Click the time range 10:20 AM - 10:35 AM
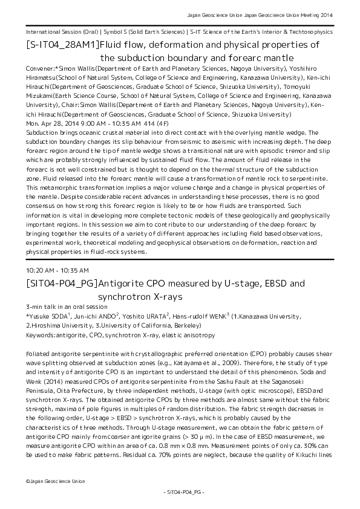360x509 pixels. [x=57, y=270]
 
